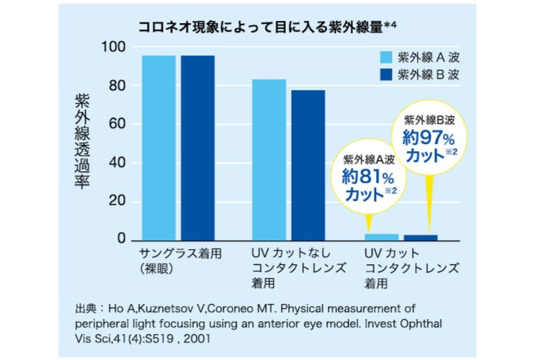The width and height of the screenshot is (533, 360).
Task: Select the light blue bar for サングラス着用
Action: [x=158, y=148]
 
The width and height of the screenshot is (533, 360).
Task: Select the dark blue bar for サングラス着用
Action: [x=197, y=148]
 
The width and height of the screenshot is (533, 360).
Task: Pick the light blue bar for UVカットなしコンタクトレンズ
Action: [x=269, y=159]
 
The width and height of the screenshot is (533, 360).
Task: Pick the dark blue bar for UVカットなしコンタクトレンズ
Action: [x=308, y=165]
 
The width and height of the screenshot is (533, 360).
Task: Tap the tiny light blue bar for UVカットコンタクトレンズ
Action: [x=381, y=236]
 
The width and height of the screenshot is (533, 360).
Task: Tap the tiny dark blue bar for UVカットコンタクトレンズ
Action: [x=420, y=237]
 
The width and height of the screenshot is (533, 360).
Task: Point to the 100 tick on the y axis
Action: [x=115, y=48]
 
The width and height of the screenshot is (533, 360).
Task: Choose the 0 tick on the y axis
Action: [x=122, y=239]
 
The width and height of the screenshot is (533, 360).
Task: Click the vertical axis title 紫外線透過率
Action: [x=83, y=140]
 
